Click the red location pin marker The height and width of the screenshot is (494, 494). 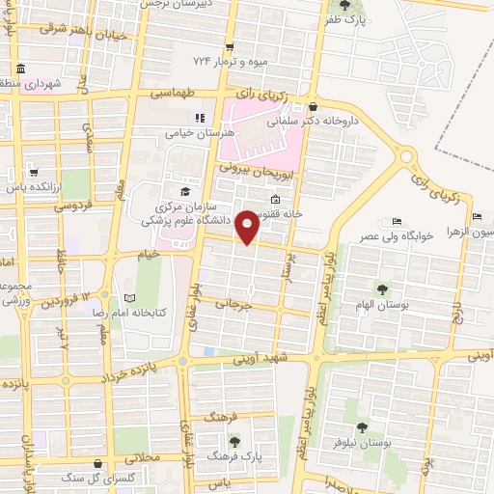(248, 227)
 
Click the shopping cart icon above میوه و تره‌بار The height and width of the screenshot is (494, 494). (229, 47)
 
